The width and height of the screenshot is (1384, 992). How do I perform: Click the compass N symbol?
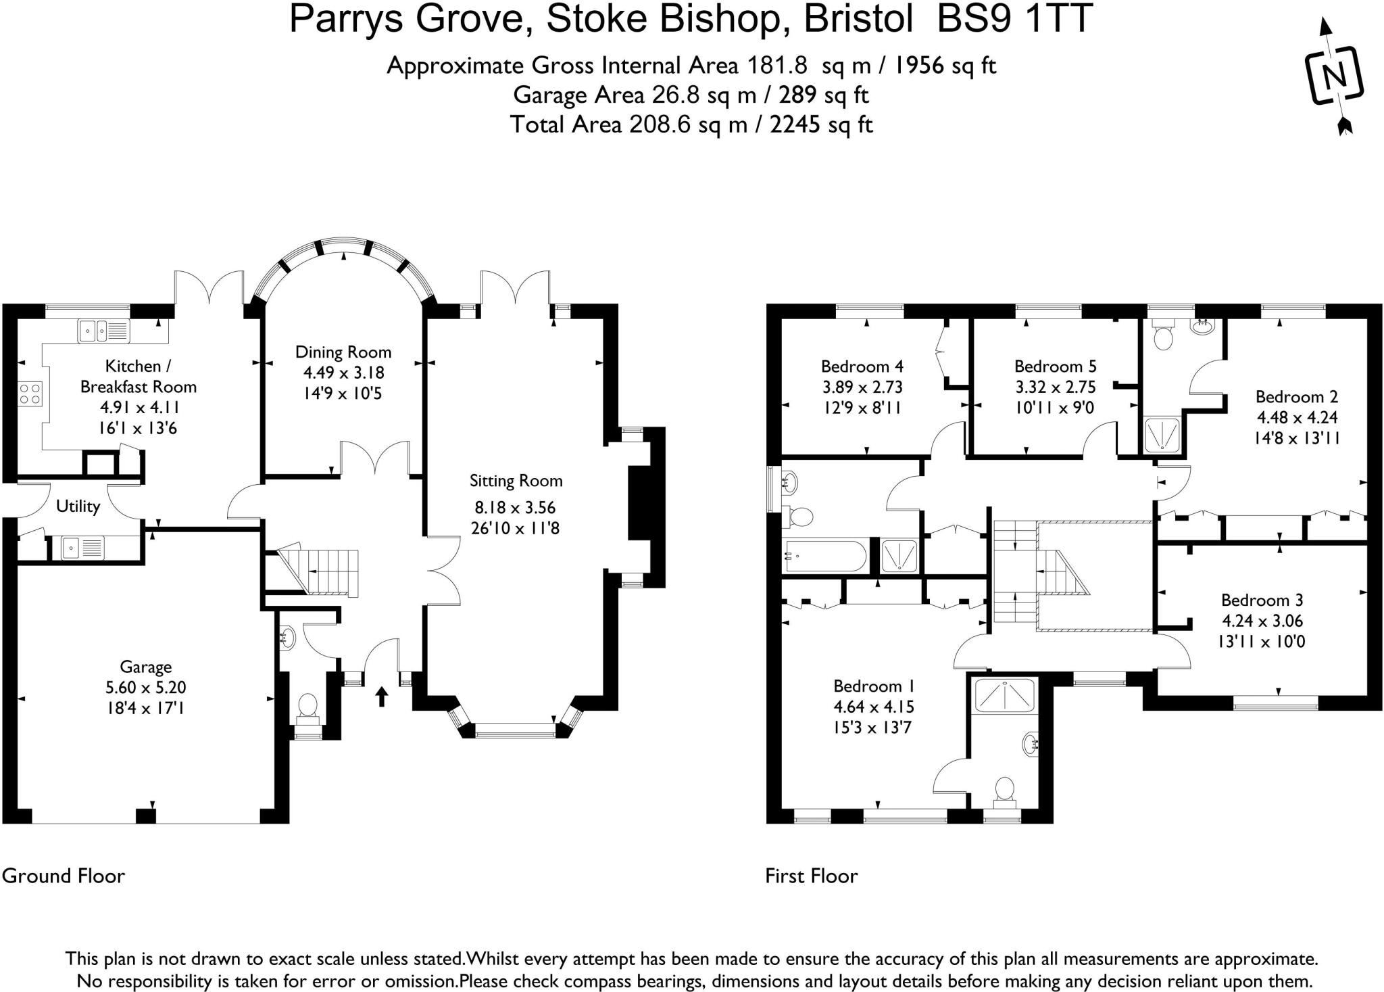(x=1333, y=76)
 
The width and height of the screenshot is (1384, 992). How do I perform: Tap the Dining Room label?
(x=343, y=352)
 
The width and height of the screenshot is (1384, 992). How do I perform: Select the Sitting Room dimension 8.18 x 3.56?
(x=515, y=507)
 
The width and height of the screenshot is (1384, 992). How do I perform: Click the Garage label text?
(x=145, y=667)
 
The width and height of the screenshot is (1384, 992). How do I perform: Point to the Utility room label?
(x=78, y=506)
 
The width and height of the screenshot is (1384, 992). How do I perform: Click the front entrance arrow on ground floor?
(x=382, y=696)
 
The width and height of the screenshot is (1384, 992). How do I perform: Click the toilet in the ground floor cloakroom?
(x=308, y=706)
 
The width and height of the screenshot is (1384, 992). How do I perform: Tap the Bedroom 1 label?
(x=873, y=686)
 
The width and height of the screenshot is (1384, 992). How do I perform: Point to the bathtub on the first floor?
(x=824, y=556)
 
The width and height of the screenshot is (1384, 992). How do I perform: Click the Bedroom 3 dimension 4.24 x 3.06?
(x=1262, y=621)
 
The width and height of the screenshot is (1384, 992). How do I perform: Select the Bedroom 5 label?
(x=1055, y=367)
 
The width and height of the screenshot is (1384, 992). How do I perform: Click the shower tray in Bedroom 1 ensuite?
(x=1004, y=696)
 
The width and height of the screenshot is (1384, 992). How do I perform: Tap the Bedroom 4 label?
(x=862, y=367)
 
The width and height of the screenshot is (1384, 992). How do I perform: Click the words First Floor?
(x=811, y=876)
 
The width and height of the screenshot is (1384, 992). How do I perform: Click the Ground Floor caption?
(x=64, y=876)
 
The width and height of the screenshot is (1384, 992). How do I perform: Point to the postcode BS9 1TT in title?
(x=1014, y=19)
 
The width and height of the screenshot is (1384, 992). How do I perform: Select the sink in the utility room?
(x=82, y=546)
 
